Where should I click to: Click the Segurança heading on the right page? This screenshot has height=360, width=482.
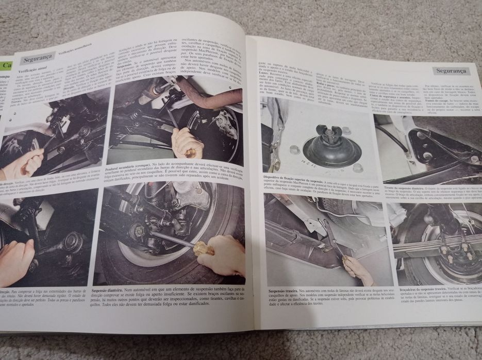[x=451, y=70]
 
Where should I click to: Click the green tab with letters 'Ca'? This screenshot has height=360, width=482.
[x=6, y=65]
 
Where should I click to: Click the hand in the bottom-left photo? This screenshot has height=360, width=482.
[x=15, y=258]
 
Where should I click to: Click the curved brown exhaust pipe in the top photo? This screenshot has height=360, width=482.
[x=206, y=98]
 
